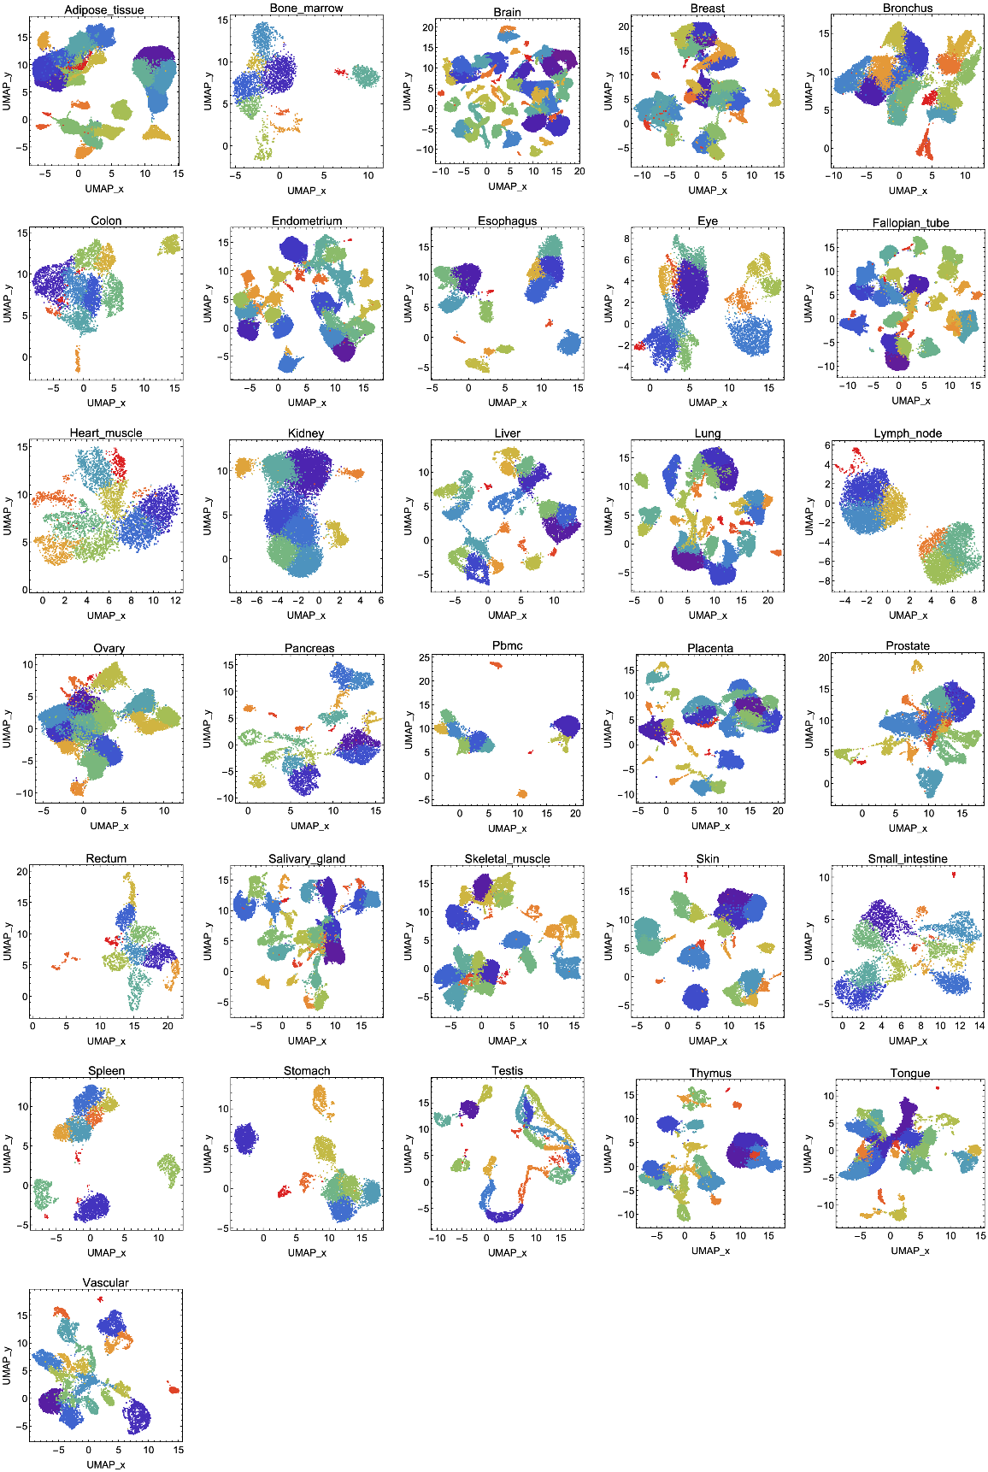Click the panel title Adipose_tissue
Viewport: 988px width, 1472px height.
click(104, 10)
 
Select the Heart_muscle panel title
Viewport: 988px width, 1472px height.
click(106, 433)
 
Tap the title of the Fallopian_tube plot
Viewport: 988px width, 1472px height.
click(910, 223)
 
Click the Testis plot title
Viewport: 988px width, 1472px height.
click(507, 1070)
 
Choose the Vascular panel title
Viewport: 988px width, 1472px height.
click(106, 1282)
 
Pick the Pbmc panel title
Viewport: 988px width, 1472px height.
click(507, 645)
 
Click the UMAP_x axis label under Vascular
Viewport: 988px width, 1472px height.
click(106, 1464)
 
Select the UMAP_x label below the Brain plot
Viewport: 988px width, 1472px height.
click(507, 186)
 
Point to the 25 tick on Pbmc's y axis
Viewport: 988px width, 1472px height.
click(424, 658)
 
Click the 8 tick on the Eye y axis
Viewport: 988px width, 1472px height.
click(626, 238)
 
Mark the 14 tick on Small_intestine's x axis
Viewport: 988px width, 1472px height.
click(979, 1026)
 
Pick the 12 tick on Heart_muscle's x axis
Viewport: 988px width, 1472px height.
click(175, 601)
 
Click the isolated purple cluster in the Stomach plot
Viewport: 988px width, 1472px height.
click(245, 1139)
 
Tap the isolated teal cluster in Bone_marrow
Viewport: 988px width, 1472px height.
click(365, 76)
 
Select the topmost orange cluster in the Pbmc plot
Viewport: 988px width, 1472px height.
click(497, 664)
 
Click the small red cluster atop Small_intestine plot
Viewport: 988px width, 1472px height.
click(954, 874)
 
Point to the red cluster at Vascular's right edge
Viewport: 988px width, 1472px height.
click(173, 1389)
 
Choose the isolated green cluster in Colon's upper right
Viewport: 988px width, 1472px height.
click(171, 244)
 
